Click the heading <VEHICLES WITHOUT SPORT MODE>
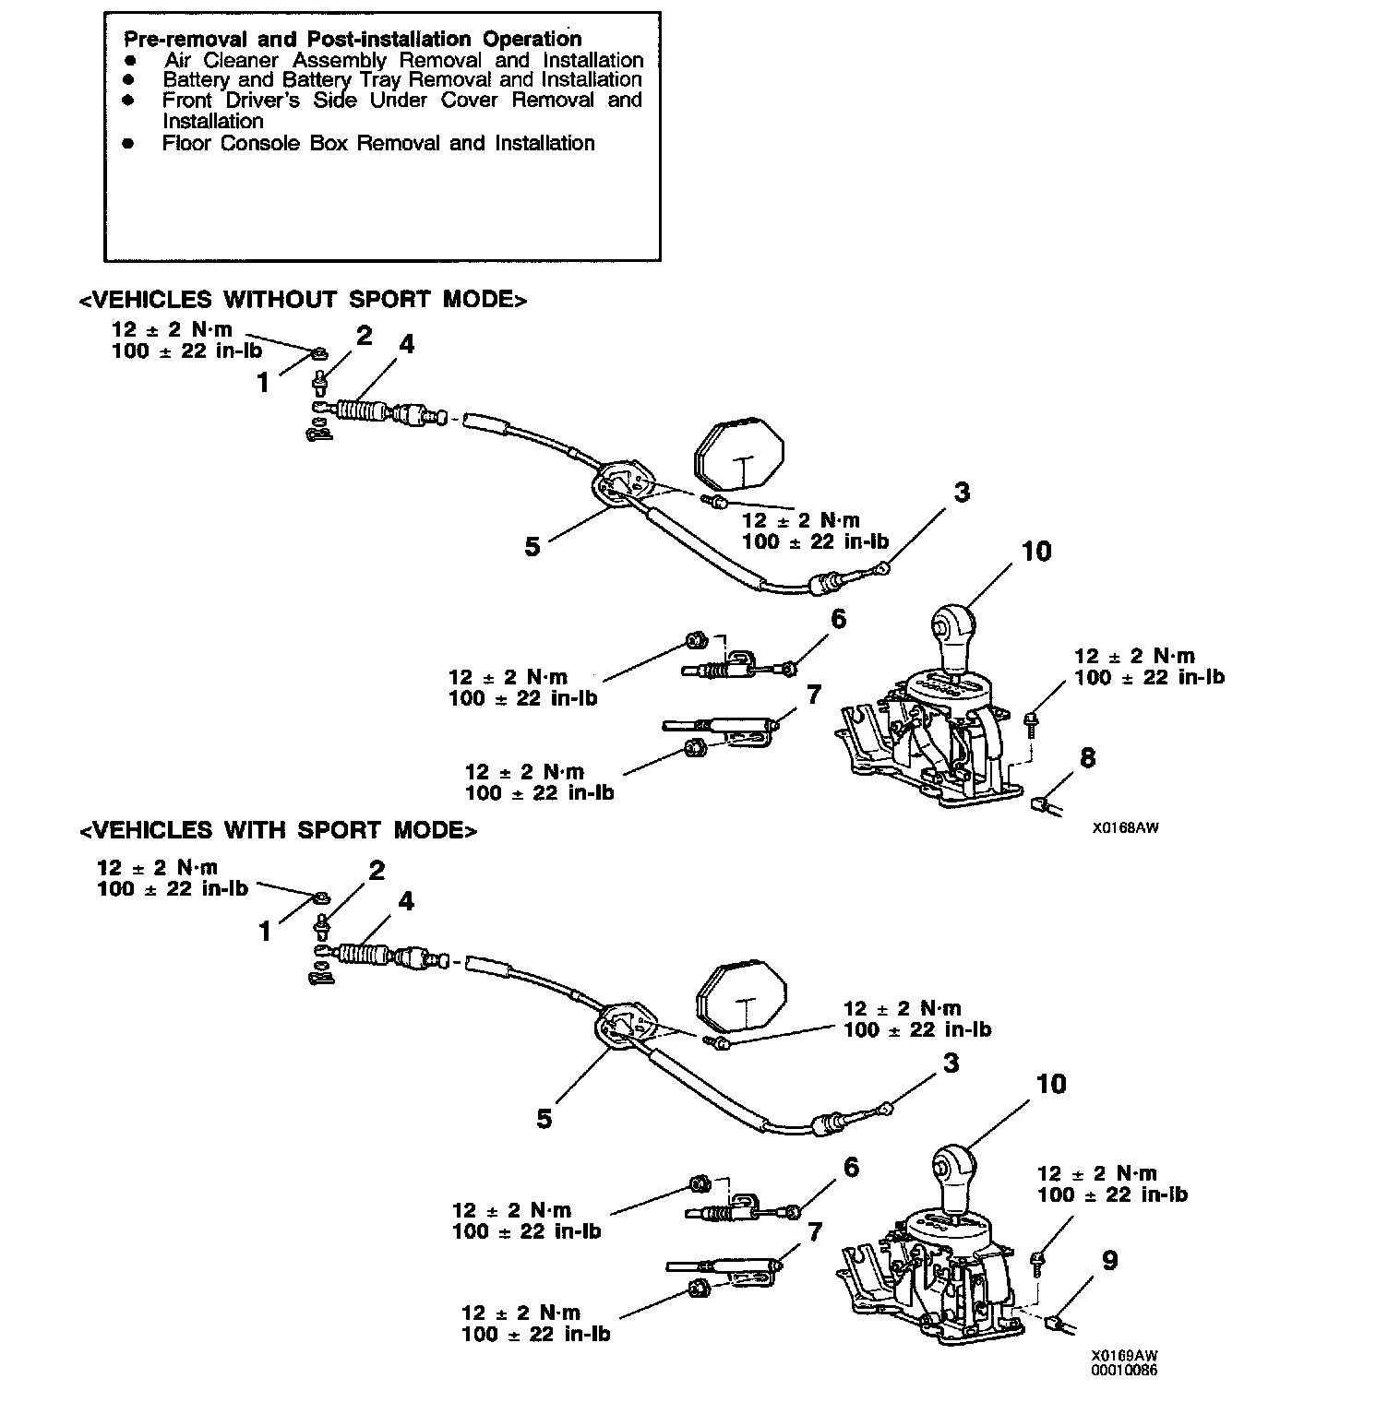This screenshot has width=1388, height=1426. click(x=303, y=300)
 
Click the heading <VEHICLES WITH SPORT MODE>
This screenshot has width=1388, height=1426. click(x=279, y=830)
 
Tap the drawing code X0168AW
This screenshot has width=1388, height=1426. click(x=1125, y=828)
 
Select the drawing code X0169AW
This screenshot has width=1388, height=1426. click(x=1124, y=1356)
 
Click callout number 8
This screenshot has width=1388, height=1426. click(x=1088, y=758)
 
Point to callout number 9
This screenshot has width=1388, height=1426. click(x=1110, y=1261)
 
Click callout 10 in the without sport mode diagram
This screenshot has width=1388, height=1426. click(x=1036, y=552)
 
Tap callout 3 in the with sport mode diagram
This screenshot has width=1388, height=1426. click(x=951, y=1064)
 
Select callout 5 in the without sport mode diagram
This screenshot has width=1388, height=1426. click(x=532, y=546)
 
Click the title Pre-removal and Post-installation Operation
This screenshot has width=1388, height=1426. click(x=353, y=39)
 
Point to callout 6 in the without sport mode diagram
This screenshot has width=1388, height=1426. click(x=838, y=619)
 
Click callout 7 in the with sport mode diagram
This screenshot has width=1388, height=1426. click(x=814, y=1232)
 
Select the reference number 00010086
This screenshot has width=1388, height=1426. click(x=1125, y=1371)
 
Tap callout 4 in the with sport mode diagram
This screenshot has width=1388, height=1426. click(x=405, y=902)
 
